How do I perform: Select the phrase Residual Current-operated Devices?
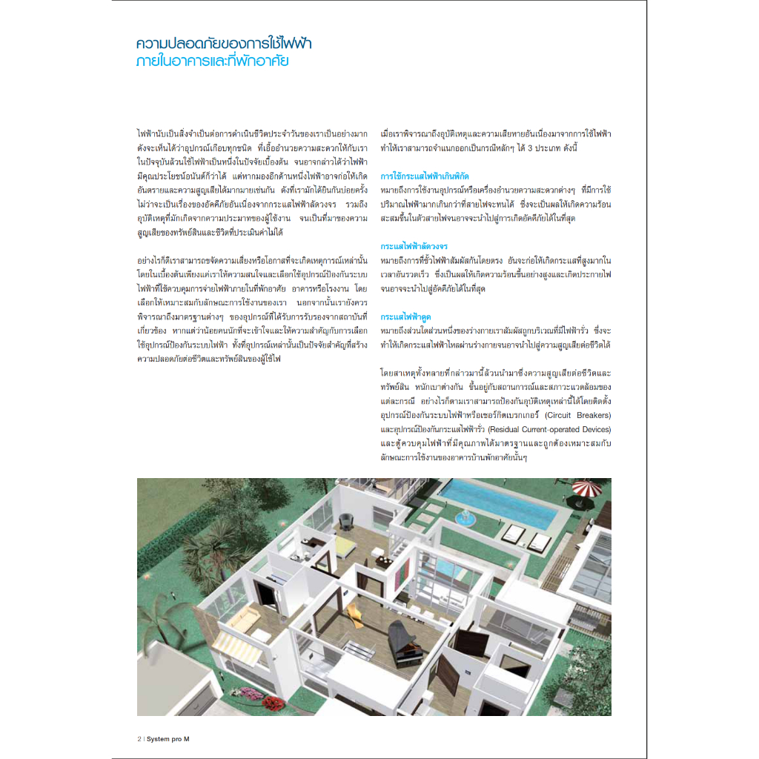pyautogui.click(x=549, y=428)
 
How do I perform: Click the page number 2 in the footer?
pyautogui.click(x=139, y=739)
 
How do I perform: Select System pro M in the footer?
pyautogui.click(x=168, y=739)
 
